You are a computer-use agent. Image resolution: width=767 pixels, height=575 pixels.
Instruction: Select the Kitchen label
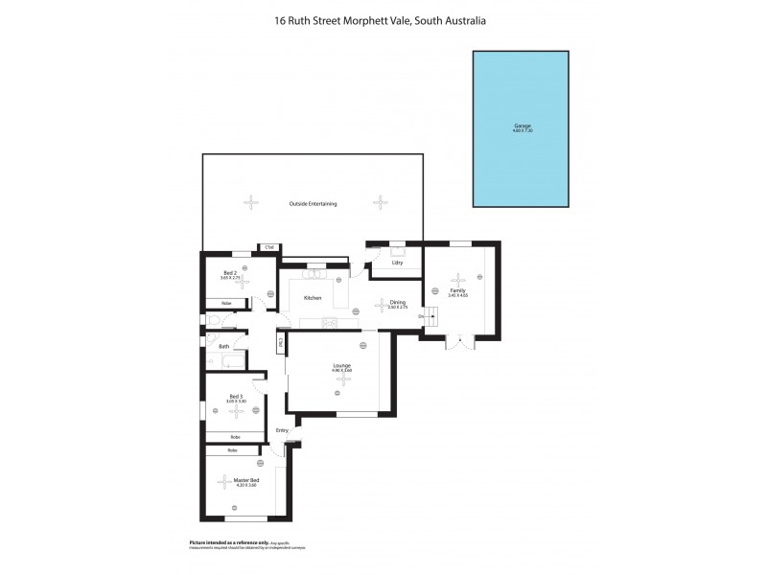point(313,298)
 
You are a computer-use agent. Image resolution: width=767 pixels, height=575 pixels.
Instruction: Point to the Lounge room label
point(340,364)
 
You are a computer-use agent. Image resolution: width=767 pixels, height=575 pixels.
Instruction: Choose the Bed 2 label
point(230,272)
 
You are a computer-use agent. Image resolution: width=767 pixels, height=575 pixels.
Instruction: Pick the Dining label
point(384,303)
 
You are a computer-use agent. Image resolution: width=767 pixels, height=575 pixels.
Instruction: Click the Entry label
point(282,430)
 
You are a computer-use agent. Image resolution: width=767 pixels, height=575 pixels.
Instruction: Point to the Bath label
point(223,346)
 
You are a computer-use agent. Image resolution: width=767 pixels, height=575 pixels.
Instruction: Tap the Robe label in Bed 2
point(226,304)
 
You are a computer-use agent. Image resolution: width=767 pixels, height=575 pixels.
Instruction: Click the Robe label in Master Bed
point(232,449)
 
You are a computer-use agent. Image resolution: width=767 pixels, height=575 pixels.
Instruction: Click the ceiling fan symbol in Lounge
point(341,380)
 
